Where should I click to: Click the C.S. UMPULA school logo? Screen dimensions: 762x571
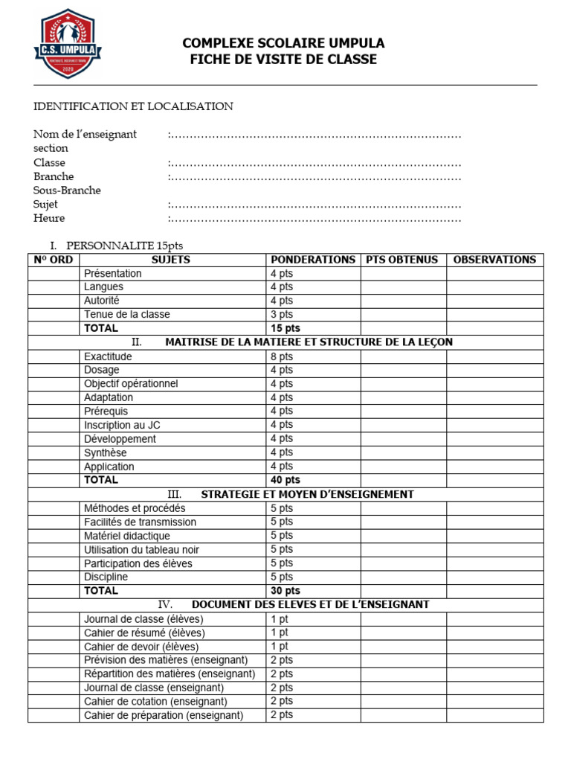point(68,44)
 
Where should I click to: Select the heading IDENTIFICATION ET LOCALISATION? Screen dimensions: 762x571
point(133,106)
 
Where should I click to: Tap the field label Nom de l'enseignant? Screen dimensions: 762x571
point(85,135)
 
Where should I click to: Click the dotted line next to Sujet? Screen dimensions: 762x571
point(314,205)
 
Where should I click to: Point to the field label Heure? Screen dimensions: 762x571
point(49,218)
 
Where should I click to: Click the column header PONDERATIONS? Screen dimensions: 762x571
point(313,260)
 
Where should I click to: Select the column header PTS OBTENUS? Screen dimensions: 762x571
point(402,260)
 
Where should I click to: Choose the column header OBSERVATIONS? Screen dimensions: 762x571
point(494,260)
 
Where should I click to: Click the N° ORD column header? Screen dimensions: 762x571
point(54,260)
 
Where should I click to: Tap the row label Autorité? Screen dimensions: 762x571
point(101,301)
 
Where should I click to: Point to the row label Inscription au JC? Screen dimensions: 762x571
point(122,425)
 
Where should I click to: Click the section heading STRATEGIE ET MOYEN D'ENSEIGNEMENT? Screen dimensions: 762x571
point(307,494)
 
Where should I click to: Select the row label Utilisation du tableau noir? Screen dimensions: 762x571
point(141,550)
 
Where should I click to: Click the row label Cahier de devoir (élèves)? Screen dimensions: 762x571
point(141,647)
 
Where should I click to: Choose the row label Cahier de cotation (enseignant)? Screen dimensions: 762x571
point(155,702)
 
